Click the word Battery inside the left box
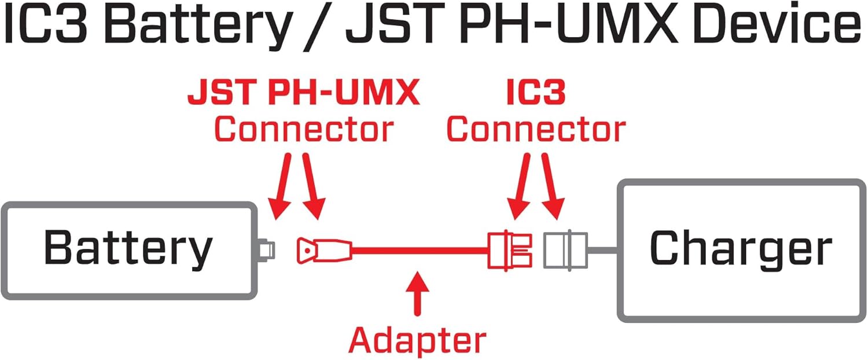tap(128, 249)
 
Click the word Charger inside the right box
tap(741, 249)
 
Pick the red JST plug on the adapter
tap(323, 251)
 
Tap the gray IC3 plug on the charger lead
tap(565, 251)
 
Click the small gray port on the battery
tap(267, 250)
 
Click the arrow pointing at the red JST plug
tap(312, 188)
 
